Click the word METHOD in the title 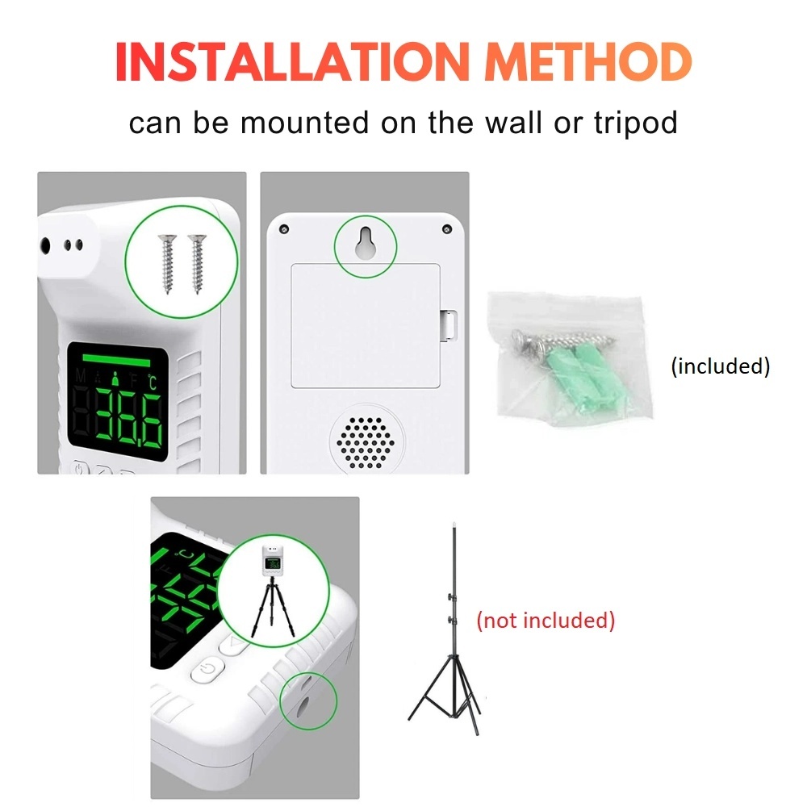(x=588, y=62)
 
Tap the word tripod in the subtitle (x=636, y=123)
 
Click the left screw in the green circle (x=167, y=264)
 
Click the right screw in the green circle (x=197, y=264)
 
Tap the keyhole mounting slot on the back (x=366, y=243)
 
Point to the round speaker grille (x=366, y=442)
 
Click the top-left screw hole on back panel (x=283, y=229)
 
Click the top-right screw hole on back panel (x=447, y=229)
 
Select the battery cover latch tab (x=448, y=324)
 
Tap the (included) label (x=721, y=366)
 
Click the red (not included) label (x=546, y=620)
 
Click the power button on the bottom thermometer (x=208, y=670)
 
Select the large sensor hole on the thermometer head (x=45, y=245)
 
